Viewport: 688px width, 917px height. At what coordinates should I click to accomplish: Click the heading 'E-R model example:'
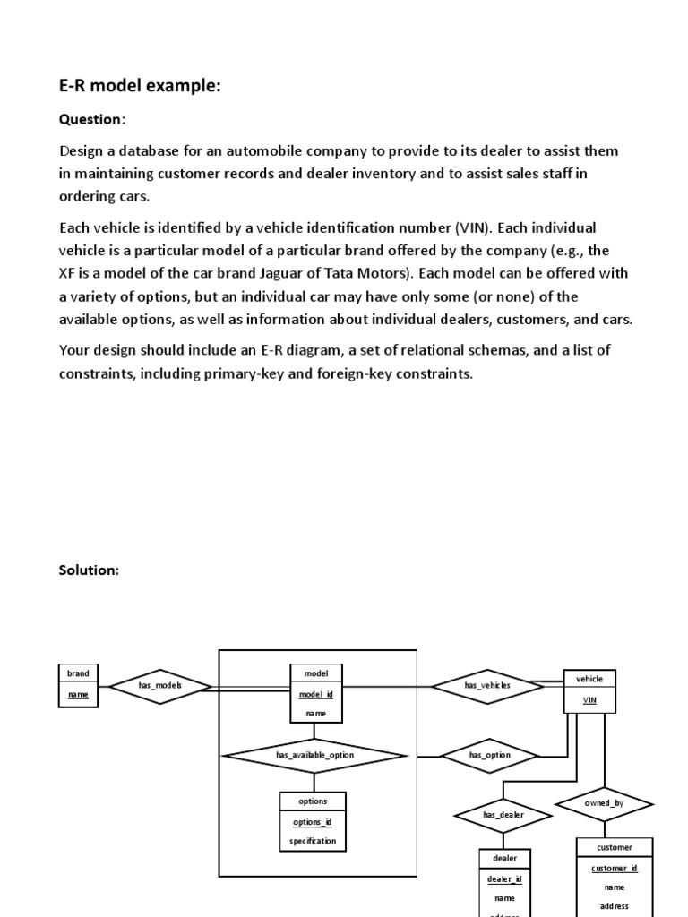[140, 87]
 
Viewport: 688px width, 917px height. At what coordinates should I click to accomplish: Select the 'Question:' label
[92, 120]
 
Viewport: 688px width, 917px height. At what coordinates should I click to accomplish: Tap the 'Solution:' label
[89, 570]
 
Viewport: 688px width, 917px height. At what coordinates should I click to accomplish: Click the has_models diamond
[160, 686]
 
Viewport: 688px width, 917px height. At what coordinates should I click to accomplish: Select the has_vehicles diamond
[487, 686]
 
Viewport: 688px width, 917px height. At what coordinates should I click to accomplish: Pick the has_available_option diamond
[314, 755]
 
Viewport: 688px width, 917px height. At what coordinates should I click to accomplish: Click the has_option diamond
[490, 755]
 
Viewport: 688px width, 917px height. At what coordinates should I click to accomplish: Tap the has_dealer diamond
[503, 815]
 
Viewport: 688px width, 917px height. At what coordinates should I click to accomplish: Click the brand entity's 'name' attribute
[78, 694]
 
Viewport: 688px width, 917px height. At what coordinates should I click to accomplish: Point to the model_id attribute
[316, 694]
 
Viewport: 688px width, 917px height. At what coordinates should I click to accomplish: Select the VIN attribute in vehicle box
[589, 700]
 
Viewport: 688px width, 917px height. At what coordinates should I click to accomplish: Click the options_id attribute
[313, 822]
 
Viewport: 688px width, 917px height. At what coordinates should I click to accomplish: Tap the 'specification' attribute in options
[313, 842]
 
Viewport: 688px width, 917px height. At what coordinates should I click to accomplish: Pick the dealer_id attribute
[504, 878]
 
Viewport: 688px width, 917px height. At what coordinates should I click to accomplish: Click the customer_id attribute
[614, 868]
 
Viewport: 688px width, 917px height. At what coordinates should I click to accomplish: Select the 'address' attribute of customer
[614, 905]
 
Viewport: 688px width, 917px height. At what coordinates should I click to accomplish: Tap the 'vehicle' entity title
[589, 679]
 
